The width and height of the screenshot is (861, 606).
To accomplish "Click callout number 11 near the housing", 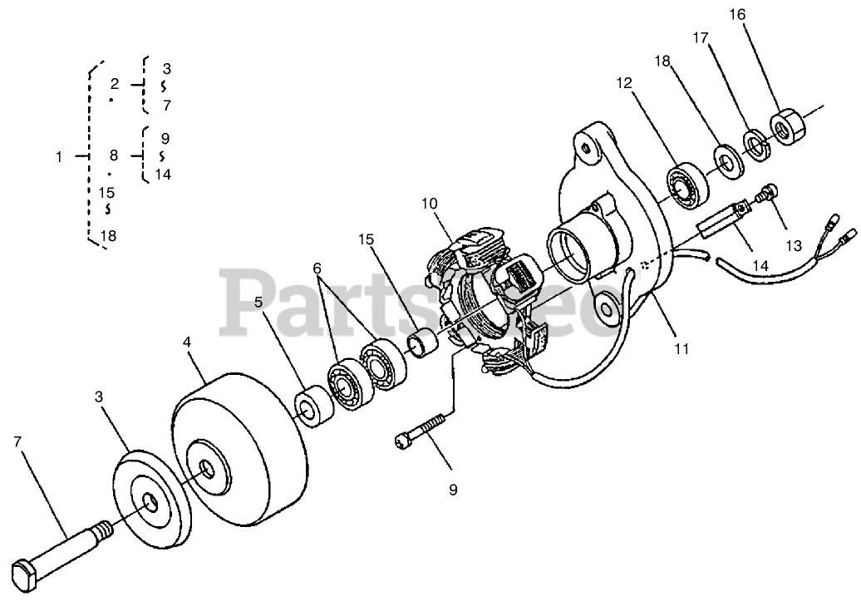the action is click(x=681, y=349).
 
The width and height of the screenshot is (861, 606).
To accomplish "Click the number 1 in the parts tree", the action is click(x=59, y=156).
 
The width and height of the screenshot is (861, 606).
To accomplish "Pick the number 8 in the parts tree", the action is click(x=114, y=155).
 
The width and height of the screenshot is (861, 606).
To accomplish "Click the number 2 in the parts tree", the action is click(x=114, y=83).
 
